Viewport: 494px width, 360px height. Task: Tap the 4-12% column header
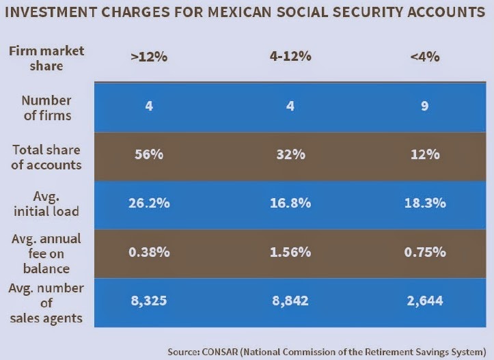290,57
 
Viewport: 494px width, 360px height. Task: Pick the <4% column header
425,57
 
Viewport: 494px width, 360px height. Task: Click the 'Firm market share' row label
46,57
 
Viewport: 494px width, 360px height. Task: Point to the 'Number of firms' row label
46,107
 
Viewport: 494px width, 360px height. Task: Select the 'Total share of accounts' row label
46,156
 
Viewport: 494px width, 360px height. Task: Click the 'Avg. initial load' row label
46,204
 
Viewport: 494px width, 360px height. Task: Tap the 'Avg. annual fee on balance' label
46,252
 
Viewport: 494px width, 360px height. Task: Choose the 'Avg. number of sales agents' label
46,301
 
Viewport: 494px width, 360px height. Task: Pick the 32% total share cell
290,155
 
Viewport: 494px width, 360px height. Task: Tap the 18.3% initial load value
425,204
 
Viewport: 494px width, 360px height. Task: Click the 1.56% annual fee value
290,252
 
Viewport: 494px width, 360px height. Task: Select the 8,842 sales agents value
290,301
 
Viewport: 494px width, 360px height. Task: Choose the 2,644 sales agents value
425,301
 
